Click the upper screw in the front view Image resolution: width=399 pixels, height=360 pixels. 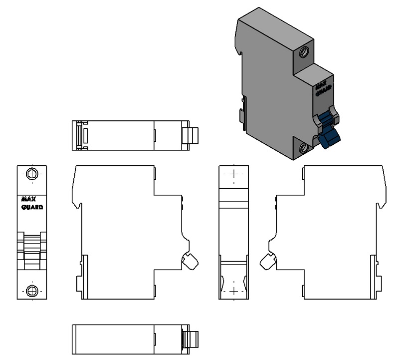[32, 174]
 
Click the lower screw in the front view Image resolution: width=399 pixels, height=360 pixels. [32, 291]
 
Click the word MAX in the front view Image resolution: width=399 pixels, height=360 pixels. [28, 199]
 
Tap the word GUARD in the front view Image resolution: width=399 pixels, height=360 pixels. [32, 207]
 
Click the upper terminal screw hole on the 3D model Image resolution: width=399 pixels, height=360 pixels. [304, 52]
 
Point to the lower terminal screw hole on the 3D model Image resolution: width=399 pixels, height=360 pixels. [304, 148]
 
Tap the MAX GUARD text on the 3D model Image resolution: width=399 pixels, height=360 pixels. [324, 89]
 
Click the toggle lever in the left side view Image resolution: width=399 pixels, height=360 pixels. [190, 261]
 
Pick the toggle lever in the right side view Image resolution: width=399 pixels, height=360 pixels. [268, 261]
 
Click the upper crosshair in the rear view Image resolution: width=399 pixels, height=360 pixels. [234, 174]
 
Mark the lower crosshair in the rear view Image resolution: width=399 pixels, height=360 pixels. [234, 291]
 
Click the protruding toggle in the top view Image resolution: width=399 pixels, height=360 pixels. [193, 135]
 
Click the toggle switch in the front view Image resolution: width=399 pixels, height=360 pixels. [32, 251]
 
